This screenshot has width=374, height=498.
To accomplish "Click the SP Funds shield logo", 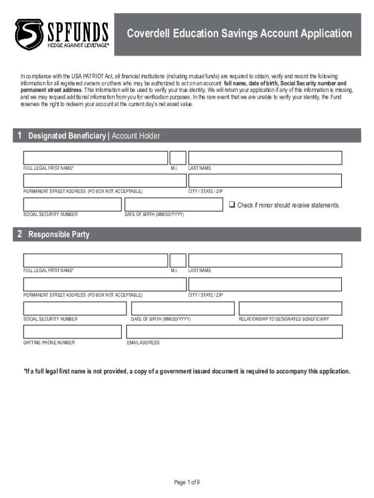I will point(29,34).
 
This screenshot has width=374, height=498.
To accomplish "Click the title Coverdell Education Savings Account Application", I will point(239,34).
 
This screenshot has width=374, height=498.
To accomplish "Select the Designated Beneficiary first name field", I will point(96,158).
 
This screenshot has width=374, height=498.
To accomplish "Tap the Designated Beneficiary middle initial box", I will point(178,158).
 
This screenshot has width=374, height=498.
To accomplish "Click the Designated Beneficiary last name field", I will point(265,158).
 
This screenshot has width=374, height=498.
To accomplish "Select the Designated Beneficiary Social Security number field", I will point(72,204).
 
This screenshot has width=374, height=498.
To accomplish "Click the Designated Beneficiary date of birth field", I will point(173,204).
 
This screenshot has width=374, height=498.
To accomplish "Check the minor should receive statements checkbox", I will point(232,205).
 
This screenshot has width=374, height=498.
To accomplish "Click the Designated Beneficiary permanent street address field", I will point(105,181).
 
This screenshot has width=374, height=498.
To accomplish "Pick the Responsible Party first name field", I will point(96,261).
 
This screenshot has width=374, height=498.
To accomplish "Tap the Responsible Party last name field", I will point(265,261).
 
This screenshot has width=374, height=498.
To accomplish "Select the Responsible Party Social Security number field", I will point(75,308).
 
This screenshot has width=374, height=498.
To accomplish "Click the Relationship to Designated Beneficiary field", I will point(290,308).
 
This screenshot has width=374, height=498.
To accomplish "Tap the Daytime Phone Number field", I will point(72,332).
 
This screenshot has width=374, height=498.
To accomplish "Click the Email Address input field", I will point(234,332).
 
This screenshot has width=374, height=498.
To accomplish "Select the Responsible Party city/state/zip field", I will point(265,285).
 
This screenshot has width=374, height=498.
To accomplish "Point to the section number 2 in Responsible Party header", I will point(20,234).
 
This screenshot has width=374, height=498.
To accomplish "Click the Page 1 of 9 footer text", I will point(187,482).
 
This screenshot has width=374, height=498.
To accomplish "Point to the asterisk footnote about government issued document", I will point(187,372).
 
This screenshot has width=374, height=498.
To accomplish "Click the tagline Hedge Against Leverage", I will point(78,45).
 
